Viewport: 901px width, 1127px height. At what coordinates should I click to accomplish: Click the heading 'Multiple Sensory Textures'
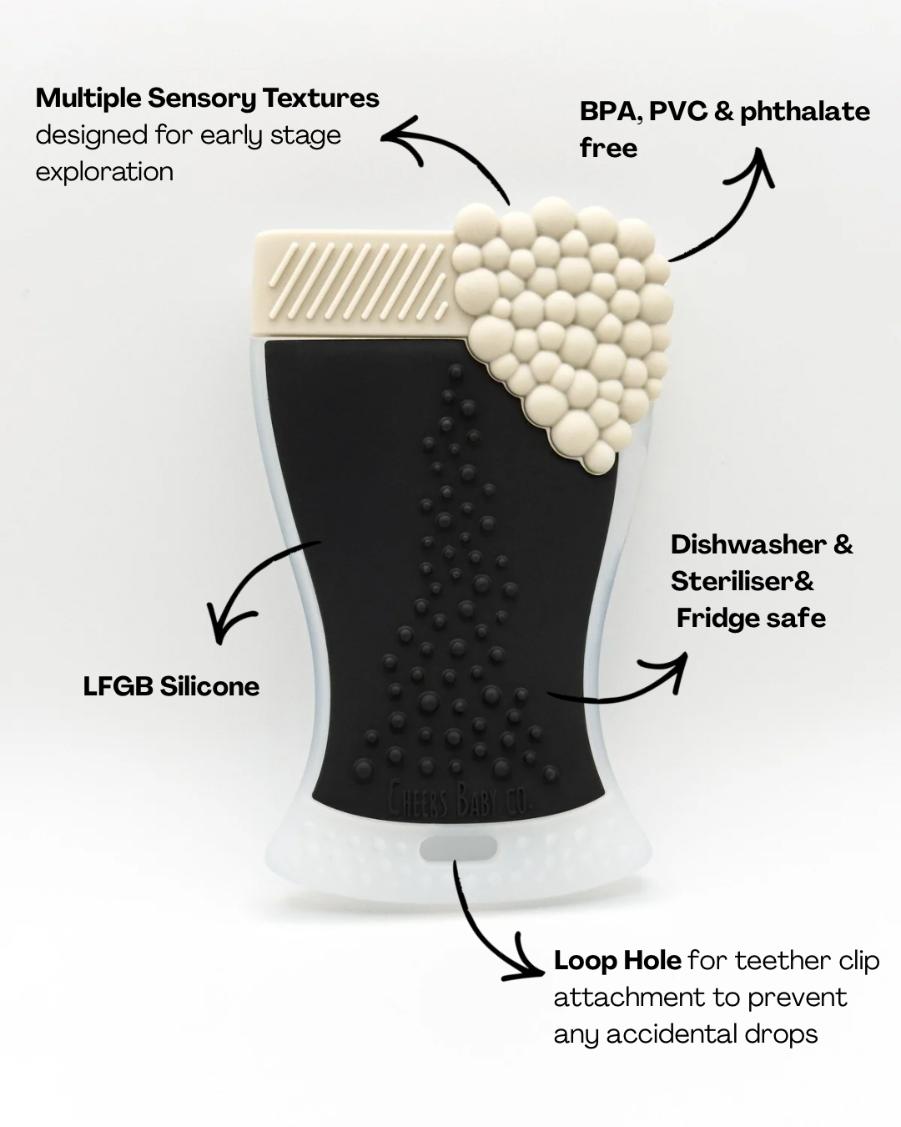tap(207, 99)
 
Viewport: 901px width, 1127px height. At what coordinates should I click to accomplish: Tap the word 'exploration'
tap(104, 172)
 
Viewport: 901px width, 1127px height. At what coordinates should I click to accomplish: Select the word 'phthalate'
tap(804, 112)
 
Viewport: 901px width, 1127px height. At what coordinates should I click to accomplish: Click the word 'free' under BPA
tap(608, 149)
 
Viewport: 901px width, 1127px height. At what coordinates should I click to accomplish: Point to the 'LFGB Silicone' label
tap(171, 687)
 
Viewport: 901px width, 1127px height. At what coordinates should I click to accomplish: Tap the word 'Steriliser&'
tap(742, 582)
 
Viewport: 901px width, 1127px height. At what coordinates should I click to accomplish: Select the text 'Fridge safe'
tap(751, 619)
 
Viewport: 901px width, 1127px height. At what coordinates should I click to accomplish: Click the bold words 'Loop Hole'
tap(617, 961)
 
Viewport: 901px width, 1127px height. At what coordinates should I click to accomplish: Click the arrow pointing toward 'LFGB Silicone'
tap(250, 593)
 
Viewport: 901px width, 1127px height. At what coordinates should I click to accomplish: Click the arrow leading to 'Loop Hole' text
tap(484, 927)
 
